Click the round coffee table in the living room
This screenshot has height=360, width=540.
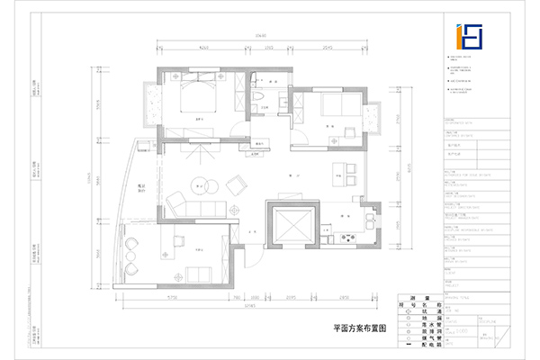click(x=200, y=187)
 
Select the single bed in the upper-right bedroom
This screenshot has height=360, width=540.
click(x=339, y=104)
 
